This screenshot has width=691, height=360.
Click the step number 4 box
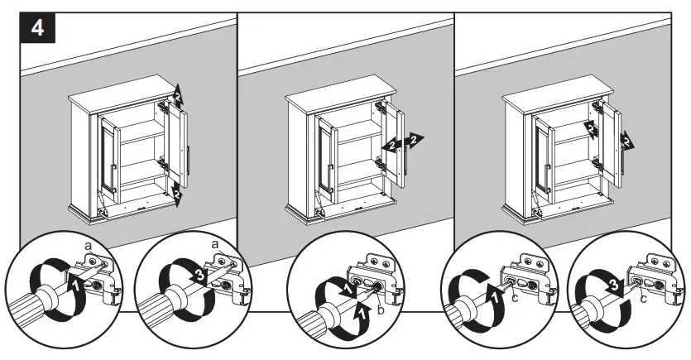pyautogui.click(x=38, y=28)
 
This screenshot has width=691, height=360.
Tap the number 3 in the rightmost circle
pyautogui.click(x=613, y=289)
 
